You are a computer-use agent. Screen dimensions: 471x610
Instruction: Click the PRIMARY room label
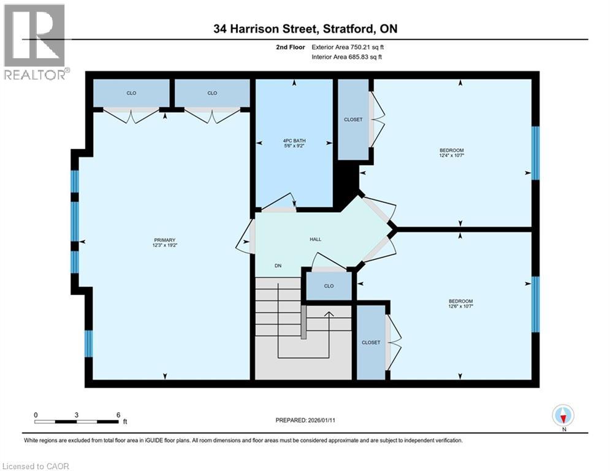(x=164, y=240)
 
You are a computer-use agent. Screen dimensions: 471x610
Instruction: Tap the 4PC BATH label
(x=294, y=140)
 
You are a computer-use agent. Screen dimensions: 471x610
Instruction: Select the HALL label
(x=315, y=240)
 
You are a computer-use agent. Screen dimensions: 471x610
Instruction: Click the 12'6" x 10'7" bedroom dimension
(x=460, y=307)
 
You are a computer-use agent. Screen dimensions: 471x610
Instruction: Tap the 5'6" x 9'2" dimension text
(x=294, y=147)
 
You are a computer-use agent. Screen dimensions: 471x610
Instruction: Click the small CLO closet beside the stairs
(x=329, y=286)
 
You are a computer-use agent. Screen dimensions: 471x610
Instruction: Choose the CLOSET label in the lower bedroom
(x=371, y=342)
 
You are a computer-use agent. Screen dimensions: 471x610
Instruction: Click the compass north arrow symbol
(x=562, y=416)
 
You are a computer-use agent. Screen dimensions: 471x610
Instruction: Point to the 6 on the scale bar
(x=118, y=415)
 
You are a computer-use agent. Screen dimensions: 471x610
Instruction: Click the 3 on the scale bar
(x=77, y=415)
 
